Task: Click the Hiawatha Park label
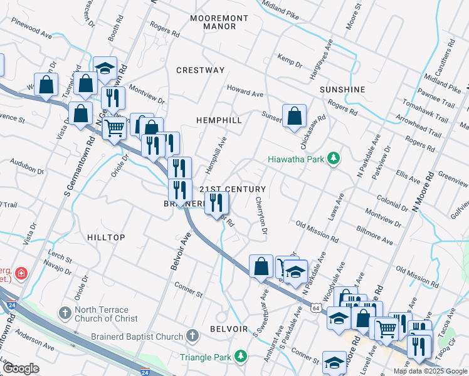296,159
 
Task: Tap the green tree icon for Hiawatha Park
335,159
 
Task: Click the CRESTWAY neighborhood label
200,70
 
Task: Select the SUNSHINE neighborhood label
342,90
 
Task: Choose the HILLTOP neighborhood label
106,238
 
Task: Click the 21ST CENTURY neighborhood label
233,189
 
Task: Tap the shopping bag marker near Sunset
294,116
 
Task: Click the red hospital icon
21,273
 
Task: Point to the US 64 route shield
316,308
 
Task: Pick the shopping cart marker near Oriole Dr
114,128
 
